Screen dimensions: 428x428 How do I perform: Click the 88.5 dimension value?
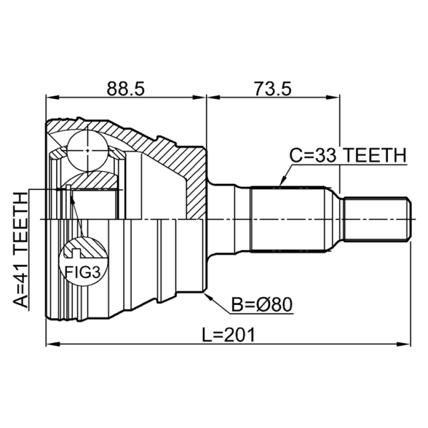click(x=125, y=89)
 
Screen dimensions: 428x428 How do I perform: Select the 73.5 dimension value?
click(x=273, y=89)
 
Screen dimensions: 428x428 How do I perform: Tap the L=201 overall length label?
click(x=228, y=335)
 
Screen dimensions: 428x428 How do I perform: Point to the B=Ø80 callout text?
click(x=262, y=304)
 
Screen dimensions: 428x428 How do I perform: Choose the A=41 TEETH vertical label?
click(x=20, y=250)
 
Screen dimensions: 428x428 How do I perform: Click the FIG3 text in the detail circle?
click(x=82, y=272)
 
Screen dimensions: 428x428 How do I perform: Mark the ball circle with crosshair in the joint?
click(x=87, y=151)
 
